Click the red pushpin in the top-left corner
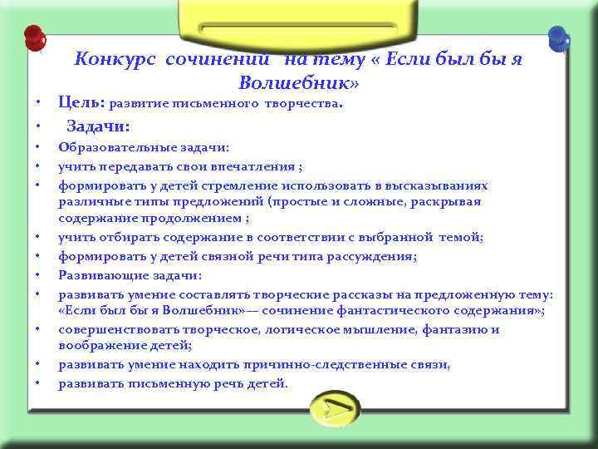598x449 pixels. pos(34,38)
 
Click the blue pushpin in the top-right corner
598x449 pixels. pos(559,38)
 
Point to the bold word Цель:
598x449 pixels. pos(81,103)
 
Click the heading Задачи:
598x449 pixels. pos(97,126)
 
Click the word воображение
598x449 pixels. pos(97,346)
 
